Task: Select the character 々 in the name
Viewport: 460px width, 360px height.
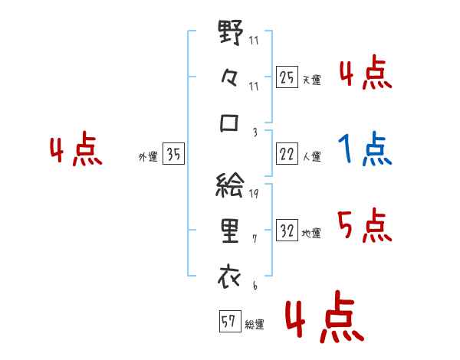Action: coord(230,79)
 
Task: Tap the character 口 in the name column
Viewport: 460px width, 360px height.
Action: coord(230,123)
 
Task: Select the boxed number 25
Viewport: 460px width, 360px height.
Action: coord(287,77)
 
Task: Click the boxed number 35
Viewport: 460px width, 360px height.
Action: coord(173,155)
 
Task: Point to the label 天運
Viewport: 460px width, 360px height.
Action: coord(311,80)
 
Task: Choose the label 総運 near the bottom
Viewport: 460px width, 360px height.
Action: coord(255,324)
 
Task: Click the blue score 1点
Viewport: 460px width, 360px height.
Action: coord(365,149)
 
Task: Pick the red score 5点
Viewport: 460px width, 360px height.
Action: coord(365,226)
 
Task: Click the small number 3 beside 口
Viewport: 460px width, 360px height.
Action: coord(255,132)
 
